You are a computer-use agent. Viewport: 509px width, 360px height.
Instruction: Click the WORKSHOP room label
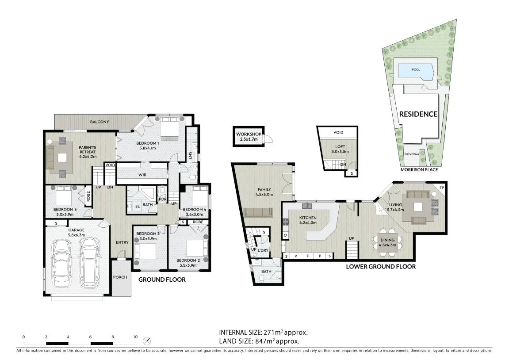click(249, 134)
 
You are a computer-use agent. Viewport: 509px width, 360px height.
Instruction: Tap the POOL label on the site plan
click(416, 69)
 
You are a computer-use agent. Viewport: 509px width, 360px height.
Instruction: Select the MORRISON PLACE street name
click(419, 169)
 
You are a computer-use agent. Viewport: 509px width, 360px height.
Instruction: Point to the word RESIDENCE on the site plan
click(418, 114)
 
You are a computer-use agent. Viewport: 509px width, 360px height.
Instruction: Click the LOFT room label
click(340, 147)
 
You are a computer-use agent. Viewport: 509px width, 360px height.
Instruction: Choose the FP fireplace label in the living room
click(441, 188)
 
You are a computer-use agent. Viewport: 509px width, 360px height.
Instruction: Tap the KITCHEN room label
click(308, 218)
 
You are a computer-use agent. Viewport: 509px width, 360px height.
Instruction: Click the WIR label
click(142, 175)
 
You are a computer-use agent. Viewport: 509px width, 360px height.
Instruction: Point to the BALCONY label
click(100, 122)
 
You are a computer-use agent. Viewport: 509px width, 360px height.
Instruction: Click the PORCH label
click(120, 277)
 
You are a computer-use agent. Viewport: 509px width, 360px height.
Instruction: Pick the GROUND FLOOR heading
click(162, 280)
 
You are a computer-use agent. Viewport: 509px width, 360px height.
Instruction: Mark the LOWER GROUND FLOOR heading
click(381, 267)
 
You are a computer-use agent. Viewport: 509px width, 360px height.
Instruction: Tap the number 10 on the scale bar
click(135, 337)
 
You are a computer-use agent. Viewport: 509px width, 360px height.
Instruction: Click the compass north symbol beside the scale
click(147, 341)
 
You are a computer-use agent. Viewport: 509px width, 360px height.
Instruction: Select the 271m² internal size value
click(273, 333)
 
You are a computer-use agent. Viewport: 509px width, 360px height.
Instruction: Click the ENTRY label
click(122, 242)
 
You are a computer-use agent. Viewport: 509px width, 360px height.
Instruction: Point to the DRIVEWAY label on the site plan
click(412, 154)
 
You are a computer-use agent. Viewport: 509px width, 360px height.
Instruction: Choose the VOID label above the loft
click(338, 132)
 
